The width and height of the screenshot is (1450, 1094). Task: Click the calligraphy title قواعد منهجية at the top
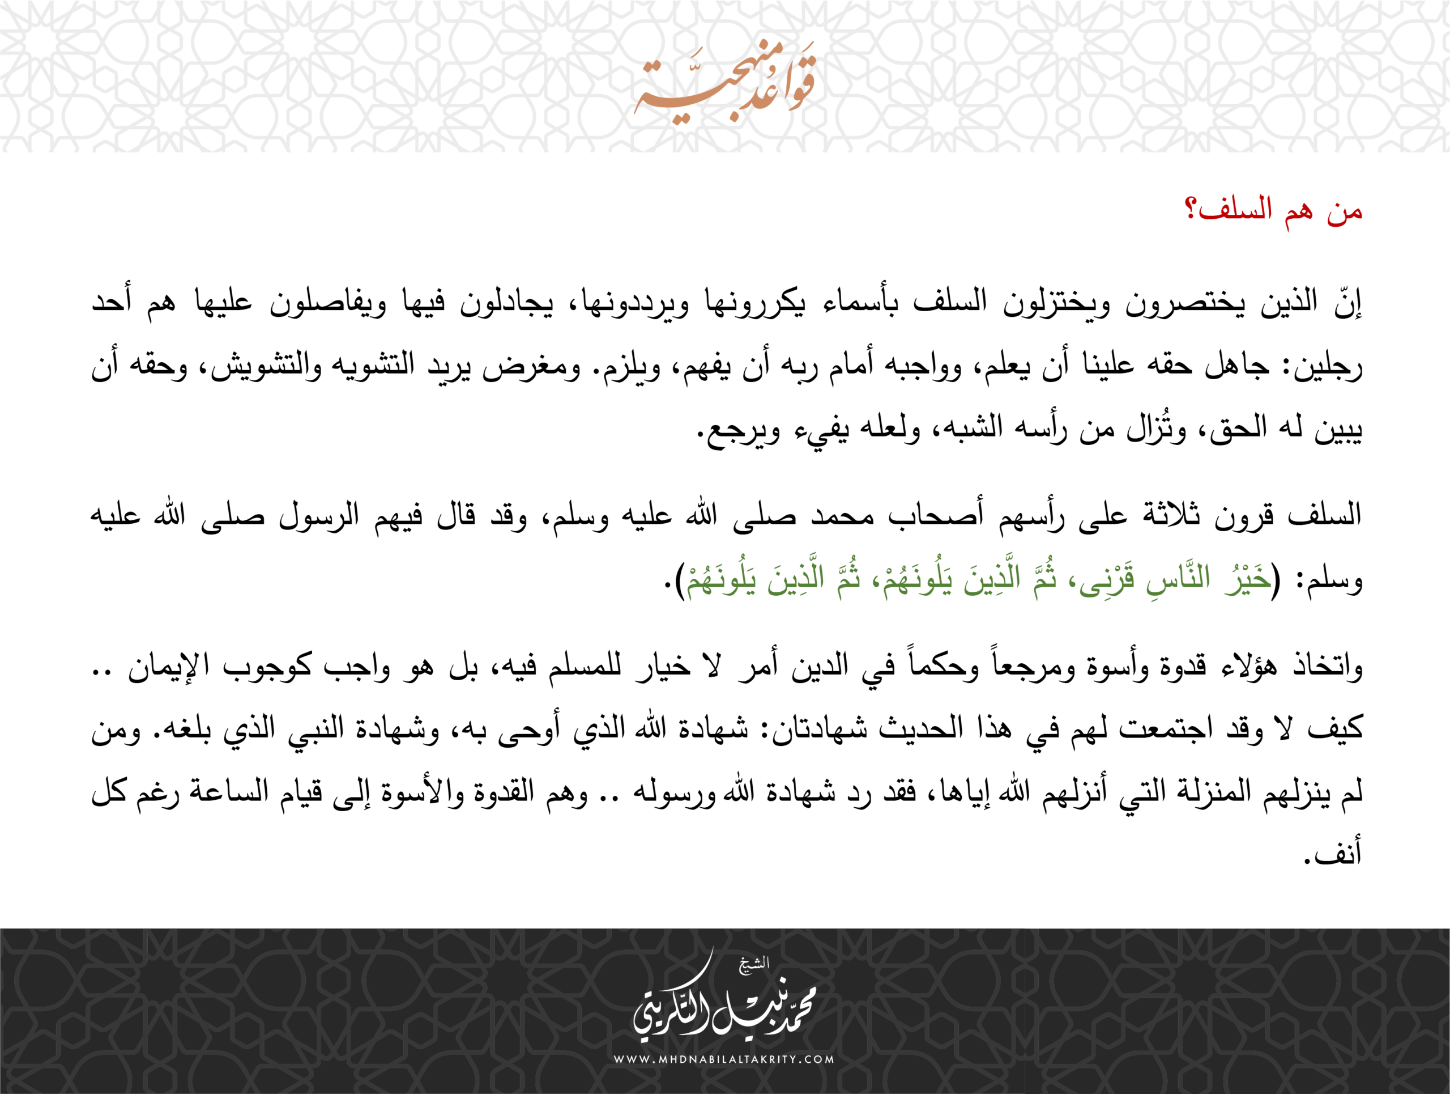[725, 82]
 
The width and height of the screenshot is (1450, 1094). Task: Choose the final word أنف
[1341, 853]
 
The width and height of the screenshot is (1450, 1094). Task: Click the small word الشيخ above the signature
[754, 964]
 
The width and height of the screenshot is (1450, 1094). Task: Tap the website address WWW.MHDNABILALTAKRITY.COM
[724, 1059]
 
